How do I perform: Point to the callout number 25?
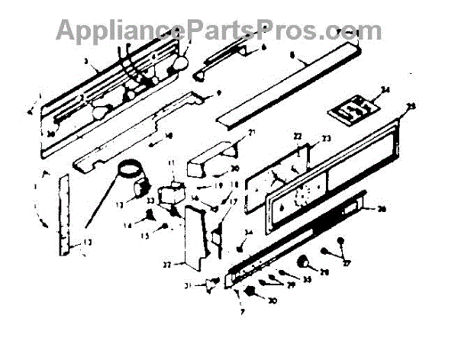[x=412, y=106]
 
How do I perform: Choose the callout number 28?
[x=324, y=272]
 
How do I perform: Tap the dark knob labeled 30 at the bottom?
[x=250, y=294]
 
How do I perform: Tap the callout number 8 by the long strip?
[x=292, y=56]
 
